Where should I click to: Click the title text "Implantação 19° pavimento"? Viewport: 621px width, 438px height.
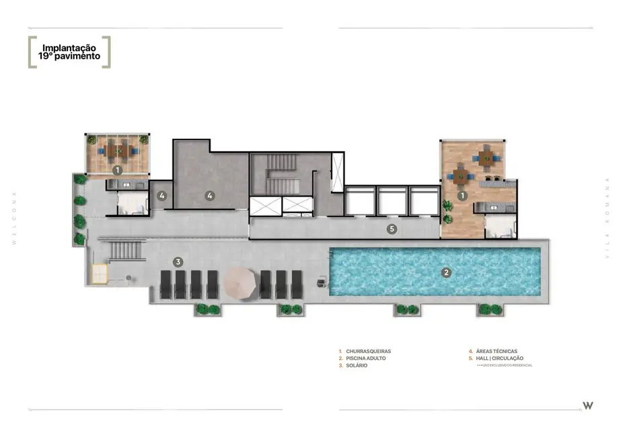coord(69,53)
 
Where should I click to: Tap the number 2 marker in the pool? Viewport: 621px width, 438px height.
coord(445,272)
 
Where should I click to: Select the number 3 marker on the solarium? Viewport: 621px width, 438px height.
coord(178,261)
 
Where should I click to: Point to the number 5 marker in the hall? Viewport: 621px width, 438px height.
coord(392,229)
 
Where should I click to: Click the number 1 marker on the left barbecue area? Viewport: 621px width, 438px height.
coord(117,170)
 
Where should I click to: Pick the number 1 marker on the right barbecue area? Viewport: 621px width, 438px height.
coord(462,195)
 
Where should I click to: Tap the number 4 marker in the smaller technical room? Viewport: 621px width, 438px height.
coord(161,196)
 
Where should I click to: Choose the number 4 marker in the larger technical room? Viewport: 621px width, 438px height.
coord(210,196)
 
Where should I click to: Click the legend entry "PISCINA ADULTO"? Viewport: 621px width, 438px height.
coord(366,358)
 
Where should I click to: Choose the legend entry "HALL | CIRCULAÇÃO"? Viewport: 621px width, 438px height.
coord(499,358)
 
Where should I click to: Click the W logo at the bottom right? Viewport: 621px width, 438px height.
coord(587,405)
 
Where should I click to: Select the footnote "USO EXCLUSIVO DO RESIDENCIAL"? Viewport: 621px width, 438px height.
coord(505,365)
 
